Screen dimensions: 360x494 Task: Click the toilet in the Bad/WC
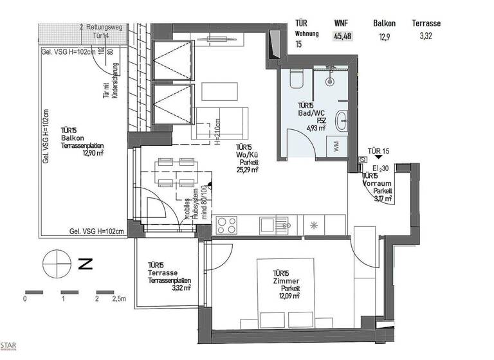297,78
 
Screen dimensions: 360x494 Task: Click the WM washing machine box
337,147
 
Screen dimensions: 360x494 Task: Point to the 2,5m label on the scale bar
120,299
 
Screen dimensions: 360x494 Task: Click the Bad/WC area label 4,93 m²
315,128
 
